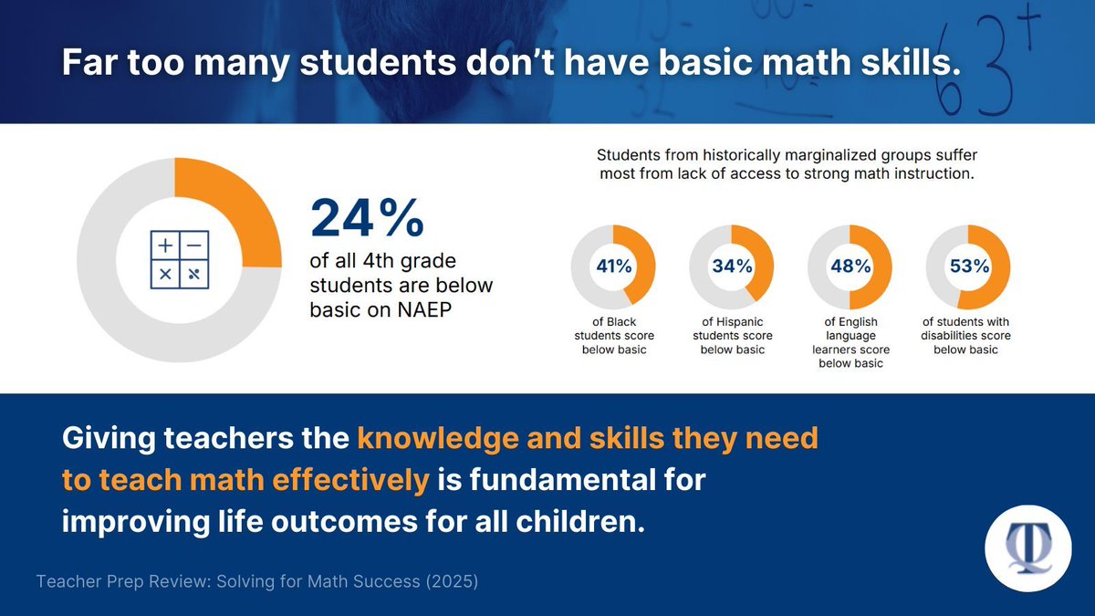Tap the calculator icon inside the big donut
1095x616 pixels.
click(179, 259)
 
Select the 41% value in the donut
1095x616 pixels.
click(613, 266)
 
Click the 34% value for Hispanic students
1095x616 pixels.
click(732, 266)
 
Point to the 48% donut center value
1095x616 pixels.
click(850, 266)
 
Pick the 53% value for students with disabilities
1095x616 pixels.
click(968, 266)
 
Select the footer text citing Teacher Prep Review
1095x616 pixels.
click(256, 581)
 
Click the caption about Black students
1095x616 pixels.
click(613, 335)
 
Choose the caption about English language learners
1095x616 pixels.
click(850, 342)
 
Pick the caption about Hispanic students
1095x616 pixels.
click(732, 335)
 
